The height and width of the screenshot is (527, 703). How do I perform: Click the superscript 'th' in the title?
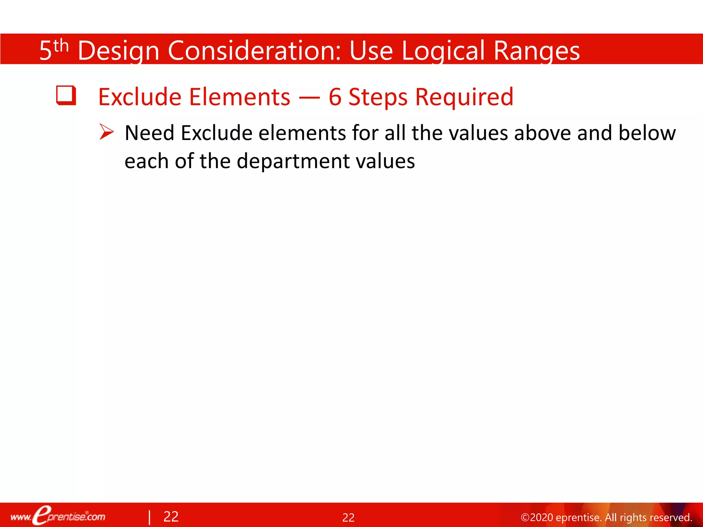pos(61,46)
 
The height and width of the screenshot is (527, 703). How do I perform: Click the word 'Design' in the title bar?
pos(118,51)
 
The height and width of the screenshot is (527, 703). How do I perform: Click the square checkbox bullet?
pos(66,95)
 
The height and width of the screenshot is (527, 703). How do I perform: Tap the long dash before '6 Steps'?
pos(309,98)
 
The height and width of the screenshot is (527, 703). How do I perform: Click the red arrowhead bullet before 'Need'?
pos(106,132)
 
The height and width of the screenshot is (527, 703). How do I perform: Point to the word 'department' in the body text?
pos(293,161)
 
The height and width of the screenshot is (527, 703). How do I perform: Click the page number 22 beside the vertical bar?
pos(171,517)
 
